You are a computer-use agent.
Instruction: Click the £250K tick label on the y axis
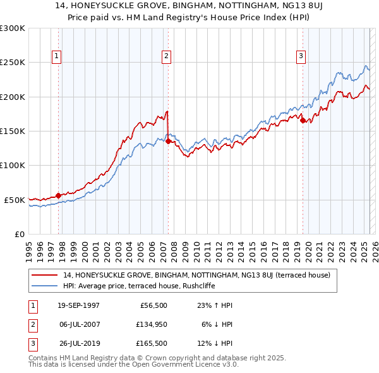pyautogui.click(x=13, y=63)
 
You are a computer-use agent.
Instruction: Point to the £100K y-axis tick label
pyautogui.click(x=13, y=165)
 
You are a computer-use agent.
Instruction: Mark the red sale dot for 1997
pyautogui.click(x=58, y=195)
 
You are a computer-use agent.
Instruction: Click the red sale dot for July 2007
pyautogui.click(x=168, y=142)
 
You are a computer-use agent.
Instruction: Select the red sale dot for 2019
pyautogui.click(x=303, y=121)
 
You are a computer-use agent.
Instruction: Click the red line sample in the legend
pyautogui.click(x=45, y=275)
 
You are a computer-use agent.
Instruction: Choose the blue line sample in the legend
pyautogui.click(x=45, y=285)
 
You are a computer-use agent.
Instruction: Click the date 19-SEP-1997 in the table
pyautogui.click(x=78, y=305)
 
